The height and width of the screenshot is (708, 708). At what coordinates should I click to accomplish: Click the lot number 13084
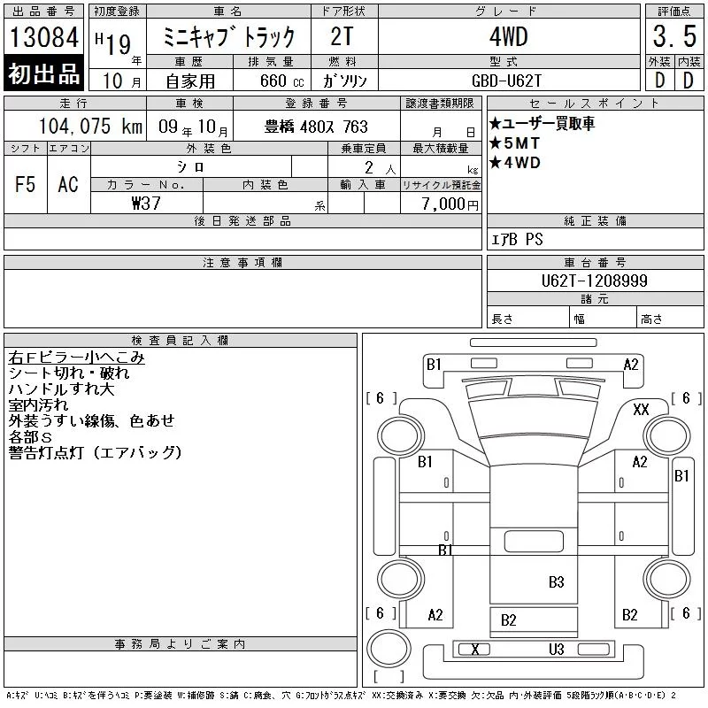43,37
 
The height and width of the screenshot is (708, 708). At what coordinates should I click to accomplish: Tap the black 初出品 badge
43,73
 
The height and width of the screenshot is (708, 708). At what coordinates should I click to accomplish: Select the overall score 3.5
674,36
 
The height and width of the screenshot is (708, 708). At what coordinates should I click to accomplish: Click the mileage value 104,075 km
90,127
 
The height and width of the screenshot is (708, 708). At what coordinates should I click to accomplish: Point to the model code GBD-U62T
506,81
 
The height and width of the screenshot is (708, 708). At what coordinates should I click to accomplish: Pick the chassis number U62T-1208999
594,281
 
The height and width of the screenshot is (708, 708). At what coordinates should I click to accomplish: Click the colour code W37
146,204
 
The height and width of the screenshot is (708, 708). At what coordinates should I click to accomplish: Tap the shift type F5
26,184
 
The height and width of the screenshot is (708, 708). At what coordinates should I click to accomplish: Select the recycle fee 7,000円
450,204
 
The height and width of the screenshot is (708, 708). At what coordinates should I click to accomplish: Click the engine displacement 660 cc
281,81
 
